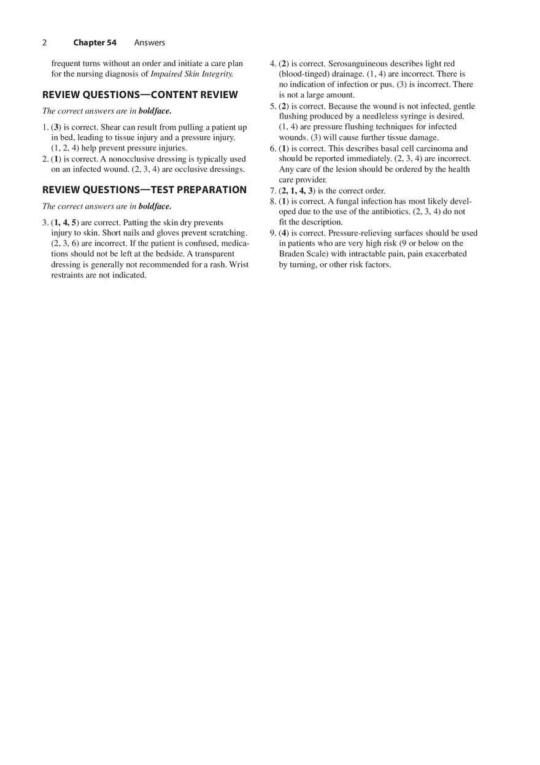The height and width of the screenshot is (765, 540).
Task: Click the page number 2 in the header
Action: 44,43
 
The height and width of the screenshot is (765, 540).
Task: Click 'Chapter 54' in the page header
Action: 94,43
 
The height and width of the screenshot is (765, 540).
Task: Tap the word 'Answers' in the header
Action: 150,43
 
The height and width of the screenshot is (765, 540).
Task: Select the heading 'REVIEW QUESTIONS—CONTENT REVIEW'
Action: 140,95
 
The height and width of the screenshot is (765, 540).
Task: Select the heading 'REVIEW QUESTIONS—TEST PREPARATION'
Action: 144,190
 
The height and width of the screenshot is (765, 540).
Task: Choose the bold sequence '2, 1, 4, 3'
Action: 298,191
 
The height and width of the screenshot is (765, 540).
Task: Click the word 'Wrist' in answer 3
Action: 239,265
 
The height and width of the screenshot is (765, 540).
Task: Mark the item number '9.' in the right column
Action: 273,233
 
